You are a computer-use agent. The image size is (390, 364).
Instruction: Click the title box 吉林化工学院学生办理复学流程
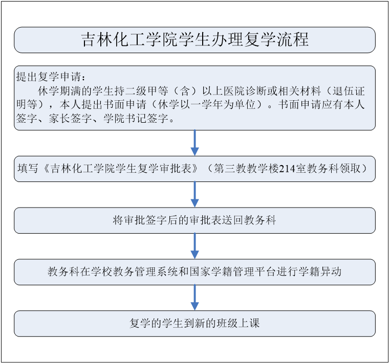coord(195,40)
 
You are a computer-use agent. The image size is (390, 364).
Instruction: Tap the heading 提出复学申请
coord(49,76)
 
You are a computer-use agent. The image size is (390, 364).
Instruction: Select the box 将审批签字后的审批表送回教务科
coord(195,220)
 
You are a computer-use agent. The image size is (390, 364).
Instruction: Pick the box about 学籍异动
coord(195,272)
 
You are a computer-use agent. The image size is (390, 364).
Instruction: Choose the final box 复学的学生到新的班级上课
coord(195,324)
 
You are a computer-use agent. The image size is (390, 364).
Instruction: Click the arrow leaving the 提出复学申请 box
coord(195,143)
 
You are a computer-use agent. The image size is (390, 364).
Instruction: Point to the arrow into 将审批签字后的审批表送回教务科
coord(195,195)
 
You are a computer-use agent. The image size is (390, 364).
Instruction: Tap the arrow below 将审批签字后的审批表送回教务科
coord(195,246)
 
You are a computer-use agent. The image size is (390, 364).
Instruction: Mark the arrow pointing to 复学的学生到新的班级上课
coord(195,298)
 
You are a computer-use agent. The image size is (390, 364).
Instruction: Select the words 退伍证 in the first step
coord(349,91)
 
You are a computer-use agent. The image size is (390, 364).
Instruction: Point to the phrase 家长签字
coord(70,118)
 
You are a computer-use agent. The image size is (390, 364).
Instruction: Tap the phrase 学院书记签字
coord(136,118)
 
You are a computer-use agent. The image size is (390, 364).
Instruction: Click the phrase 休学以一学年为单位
coord(207,105)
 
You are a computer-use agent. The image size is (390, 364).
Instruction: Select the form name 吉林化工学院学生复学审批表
coord(121,169)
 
